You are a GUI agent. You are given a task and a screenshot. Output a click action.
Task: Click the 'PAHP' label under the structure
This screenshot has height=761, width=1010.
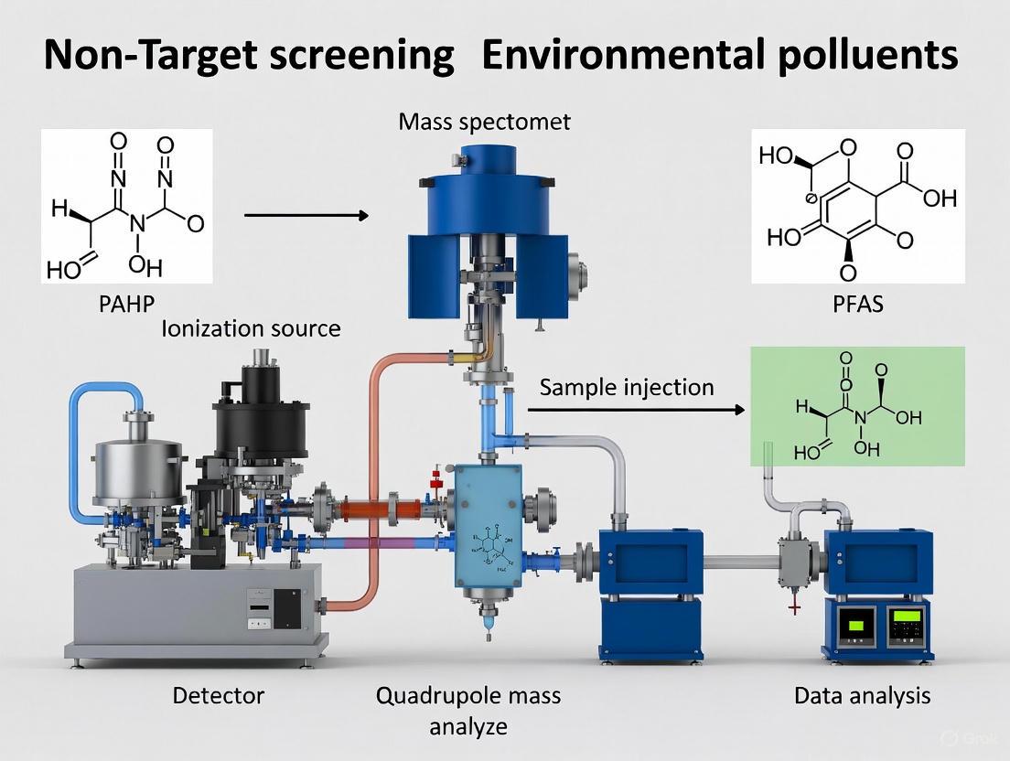pyautogui.click(x=126, y=303)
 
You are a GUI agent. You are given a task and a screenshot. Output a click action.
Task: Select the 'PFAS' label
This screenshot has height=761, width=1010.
pyautogui.click(x=857, y=303)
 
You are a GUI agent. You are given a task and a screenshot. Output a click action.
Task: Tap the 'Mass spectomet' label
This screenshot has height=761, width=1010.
pyautogui.click(x=484, y=122)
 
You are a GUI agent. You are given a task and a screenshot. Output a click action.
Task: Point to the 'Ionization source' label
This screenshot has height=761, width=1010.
pyautogui.click(x=251, y=328)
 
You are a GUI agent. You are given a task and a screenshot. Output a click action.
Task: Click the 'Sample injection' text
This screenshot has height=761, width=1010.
pyautogui.click(x=626, y=387)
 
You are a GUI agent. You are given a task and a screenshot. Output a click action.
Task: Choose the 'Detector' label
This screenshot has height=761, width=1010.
pyautogui.click(x=218, y=696)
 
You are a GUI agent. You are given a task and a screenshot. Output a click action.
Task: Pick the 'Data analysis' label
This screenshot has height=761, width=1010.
pyautogui.click(x=862, y=696)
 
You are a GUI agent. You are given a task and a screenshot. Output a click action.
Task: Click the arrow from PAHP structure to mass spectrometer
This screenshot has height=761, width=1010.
pyautogui.click(x=306, y=216)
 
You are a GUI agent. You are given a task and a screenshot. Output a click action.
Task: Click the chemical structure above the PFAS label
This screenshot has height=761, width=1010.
pyautogui.click(x=857, y=206)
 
